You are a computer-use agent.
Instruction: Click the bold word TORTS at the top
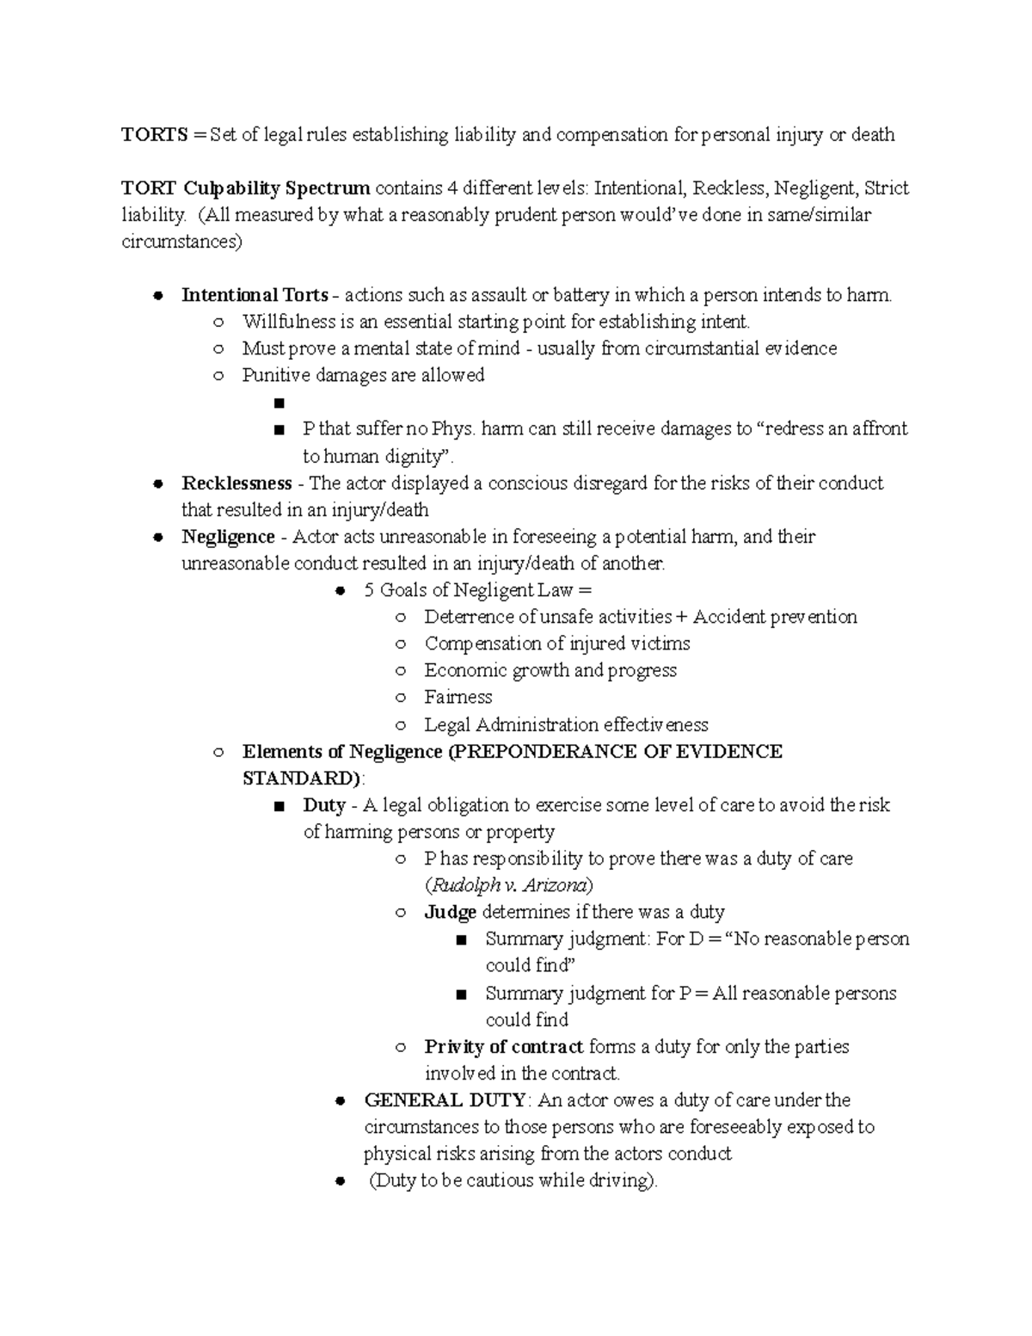click(x=153, y=135)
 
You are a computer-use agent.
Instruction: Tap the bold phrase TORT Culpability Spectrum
click(x=245, y=188)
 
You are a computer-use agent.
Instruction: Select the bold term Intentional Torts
click(x=255, y=295)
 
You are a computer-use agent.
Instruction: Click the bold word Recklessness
click(x=236, y=483)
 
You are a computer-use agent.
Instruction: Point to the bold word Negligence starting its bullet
click(x=228, y=537)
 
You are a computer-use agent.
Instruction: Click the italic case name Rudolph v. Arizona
click(x=509, y=885)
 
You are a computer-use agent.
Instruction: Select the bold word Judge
click(x=450, y=912)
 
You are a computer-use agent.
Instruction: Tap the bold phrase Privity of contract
click(x=504, y=1047)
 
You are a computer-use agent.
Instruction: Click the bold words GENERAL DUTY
click(x=445, y=1100)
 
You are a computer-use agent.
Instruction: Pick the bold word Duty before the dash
click(x=324, y=805)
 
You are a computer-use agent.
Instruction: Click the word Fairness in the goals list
click(x=458, y=697)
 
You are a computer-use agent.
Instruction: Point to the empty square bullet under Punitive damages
click(x=277, y=403)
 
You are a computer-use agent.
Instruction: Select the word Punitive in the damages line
click(x=275, y=375)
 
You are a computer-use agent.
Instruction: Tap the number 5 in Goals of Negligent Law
click(x=369, y=590)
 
